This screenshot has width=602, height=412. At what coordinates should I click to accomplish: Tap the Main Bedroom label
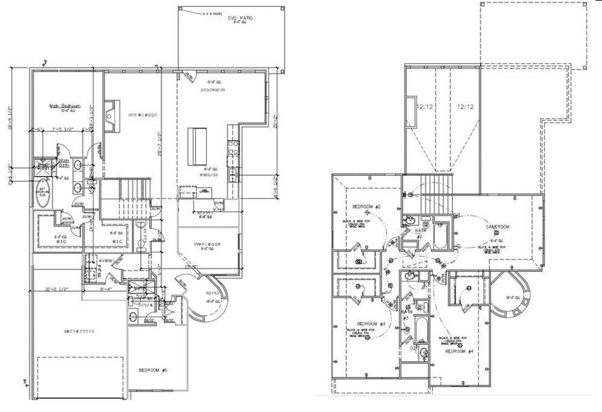pyautogui.click(x=66, y=106)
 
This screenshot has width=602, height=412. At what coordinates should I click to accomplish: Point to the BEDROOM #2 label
pyautogui.click(x=366, y=207)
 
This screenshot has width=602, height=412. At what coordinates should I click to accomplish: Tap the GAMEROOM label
pyautogui.click(x=499, y=227)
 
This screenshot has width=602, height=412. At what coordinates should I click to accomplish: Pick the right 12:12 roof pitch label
pyautogui.click(x=466, y=106)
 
